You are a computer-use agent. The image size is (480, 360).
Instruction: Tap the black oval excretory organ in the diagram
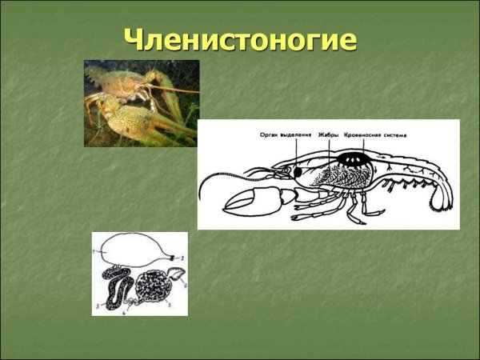click(x=296, y=171)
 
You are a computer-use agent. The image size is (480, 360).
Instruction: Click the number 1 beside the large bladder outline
click(x=94, y=254)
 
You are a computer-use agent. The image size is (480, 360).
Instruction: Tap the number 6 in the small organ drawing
click(x=184, y=283)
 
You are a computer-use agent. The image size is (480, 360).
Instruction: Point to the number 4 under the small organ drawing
click(x=124, y=311)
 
